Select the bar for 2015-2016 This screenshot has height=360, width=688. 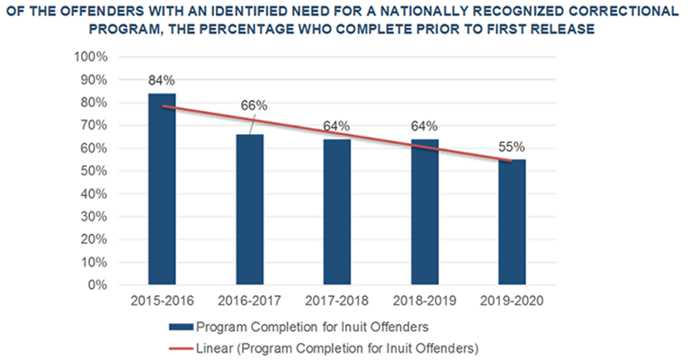162,189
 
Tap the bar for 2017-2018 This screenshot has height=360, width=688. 337,212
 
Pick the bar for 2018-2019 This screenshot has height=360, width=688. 425,212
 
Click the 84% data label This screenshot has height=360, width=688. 162,79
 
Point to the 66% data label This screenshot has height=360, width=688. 254,105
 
